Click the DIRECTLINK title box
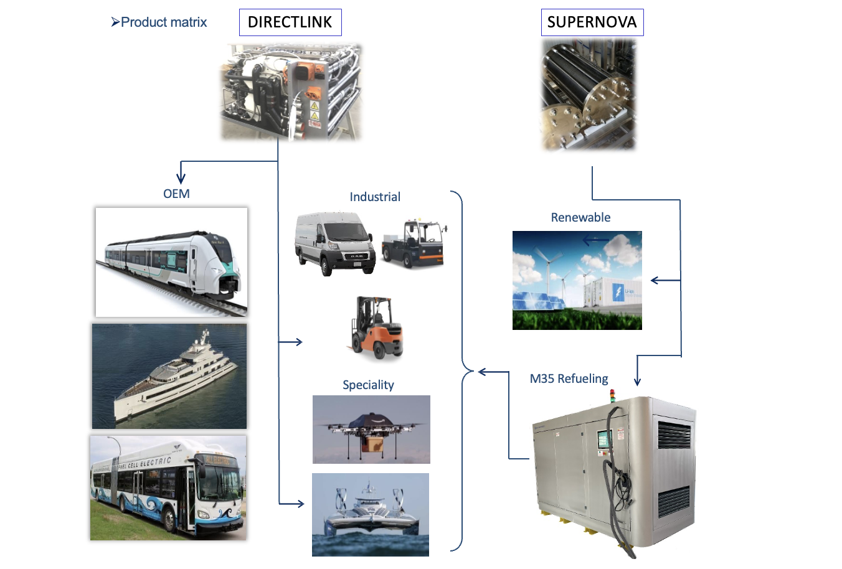(290, 22)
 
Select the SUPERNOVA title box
(592, 22)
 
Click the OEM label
(176, 194)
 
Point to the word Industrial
(375, 197)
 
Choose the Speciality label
(368, 385)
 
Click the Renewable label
(580, 217)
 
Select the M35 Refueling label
(569, 379)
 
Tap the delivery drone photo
(371, 429)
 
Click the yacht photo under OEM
(169, 376)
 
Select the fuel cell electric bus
(168, 487)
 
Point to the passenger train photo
(171, 262)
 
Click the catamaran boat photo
(371, 514)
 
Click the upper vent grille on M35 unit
(675, 434)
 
